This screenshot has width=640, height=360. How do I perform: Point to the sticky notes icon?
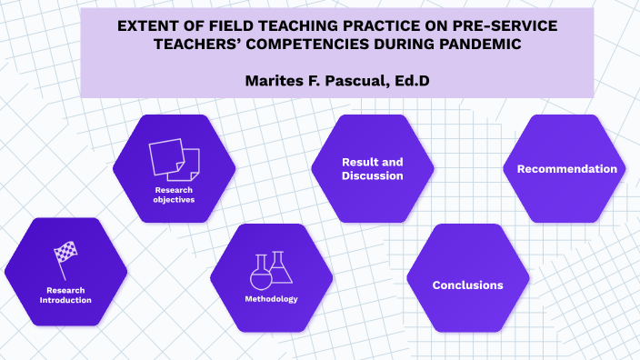pyautogui.click(x=174, y=158)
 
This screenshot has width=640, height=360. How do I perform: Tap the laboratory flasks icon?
pyautogui.click(x=271, y=269)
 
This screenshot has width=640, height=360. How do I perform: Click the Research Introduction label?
pyautogui.click(x=65, y=295)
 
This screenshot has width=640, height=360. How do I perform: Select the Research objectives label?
pyautogui.click(x=174, y=194)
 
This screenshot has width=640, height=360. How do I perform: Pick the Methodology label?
pyautogui.click(x=271, y=299)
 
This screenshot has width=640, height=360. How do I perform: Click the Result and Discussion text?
pyautogui.click(x=372, y=168)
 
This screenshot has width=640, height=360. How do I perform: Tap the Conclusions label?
pyautogui.click(x=467, y=285)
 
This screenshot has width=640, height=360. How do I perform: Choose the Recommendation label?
pyautogui.click(x=566, y=169)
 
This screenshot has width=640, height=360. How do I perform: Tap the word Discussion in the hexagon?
pyautogui.click(x=372, y=175)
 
